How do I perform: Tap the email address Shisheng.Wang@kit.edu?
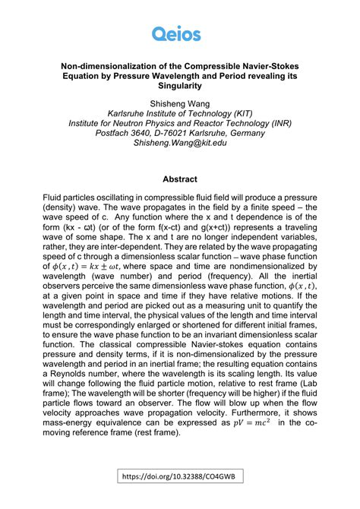(180, 143)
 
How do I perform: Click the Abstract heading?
(180, 180)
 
